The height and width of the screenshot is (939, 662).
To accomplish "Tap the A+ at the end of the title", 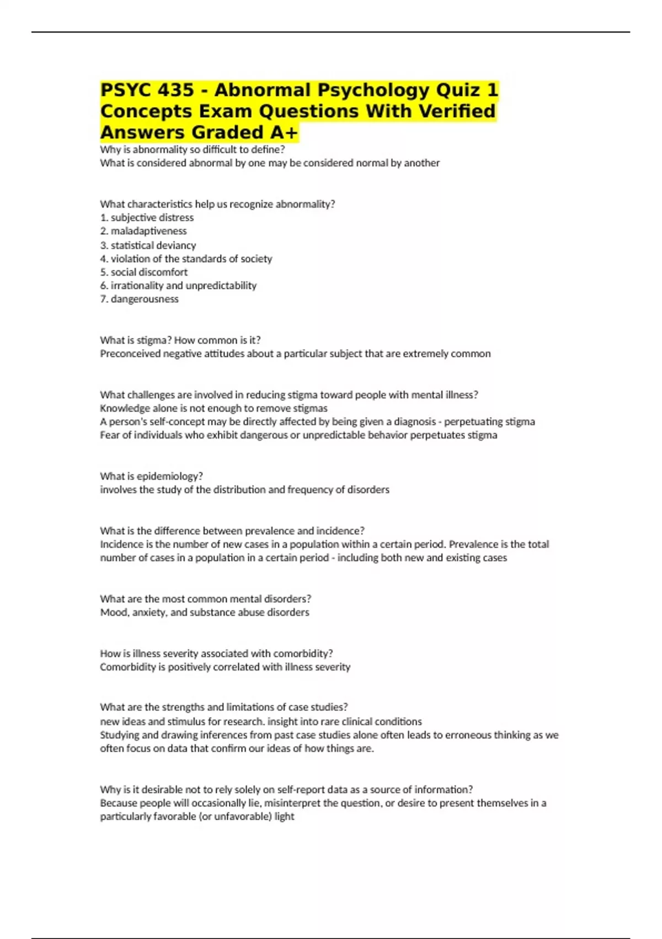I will pos(284,133).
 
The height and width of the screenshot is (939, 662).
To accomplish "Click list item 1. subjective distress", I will pos(147,218).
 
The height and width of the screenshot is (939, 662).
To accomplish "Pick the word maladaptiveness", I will pos(148,231).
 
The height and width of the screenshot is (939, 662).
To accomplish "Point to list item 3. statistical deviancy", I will pos(148,245).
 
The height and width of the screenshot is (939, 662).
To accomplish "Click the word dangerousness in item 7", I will pos(145,299).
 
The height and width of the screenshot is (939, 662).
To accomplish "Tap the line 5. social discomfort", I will pos(143,272).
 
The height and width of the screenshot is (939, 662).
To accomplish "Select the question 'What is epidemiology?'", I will pos(151,476).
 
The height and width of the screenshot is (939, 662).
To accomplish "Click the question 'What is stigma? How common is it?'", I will pos(180,340).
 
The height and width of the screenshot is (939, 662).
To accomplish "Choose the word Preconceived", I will pos(130,354).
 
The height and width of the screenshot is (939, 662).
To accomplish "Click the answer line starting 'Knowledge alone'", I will pos(213,408).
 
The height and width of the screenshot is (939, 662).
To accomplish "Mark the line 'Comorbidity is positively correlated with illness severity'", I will pos(225,667).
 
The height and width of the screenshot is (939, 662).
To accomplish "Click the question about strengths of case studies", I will pos(223,707).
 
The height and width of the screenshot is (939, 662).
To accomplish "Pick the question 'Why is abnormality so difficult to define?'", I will pos(192,150).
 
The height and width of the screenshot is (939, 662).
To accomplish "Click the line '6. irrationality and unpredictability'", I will pos(178,286).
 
